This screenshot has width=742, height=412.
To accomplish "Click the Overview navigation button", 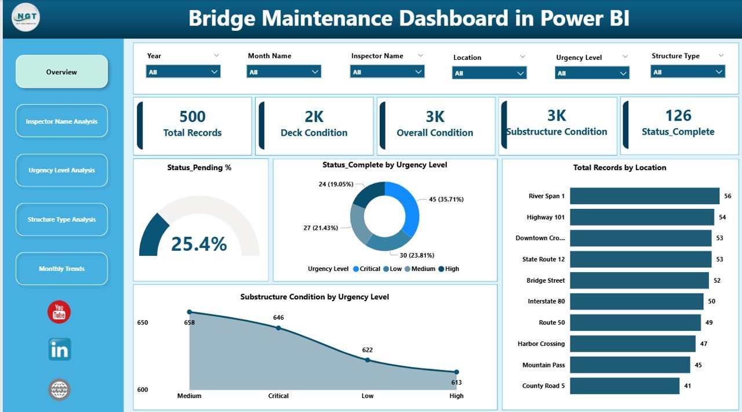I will pyautogui.click(x=61, y=72).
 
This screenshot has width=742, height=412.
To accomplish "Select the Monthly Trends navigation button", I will pyautogui.click(x=61, y=269).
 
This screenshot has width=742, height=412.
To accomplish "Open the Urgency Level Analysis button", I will pyautogui.click(x=61, y=171).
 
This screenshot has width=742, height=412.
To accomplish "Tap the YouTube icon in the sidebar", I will pyautogui.click(x=59, y=312).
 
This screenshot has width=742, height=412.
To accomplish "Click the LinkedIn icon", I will pyautogui.click(x=59, y=349).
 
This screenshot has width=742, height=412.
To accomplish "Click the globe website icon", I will pyautogui.click(x=59, y=389).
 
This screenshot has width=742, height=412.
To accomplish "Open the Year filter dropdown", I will pyautogui.click(x=183, y=72).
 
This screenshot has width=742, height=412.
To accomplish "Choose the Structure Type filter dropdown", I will pyautogui.click(x=688, y=72).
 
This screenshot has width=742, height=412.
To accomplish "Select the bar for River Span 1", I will pyautogui.click(x=644, y=196).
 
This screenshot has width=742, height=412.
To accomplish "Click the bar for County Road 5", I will pyautogui.click(x=624, y=386).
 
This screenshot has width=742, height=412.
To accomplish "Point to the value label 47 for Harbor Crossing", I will pyautogui.click(x=704, y=344).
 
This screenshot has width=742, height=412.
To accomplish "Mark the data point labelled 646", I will pyautogui.click(x=278, y=328).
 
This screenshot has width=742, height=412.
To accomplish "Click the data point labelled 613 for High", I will pyautogui.click(x=456, y=372).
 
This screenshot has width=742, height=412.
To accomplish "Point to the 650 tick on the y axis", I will pyautogui.click(x=143, y=323).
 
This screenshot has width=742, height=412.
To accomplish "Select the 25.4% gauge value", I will pyautogui.click(x=199, y=244).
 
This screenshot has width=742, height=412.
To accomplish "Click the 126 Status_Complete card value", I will pyautogui.click(x=678, y=115).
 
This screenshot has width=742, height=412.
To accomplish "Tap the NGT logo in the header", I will pyautogui.click(x=26, y=18).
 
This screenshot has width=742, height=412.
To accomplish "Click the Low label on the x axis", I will pyautogui.click(x=368, y=396).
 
